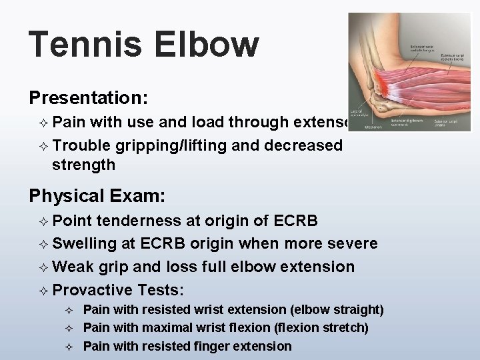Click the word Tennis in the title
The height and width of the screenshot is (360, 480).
(x=84, y=44)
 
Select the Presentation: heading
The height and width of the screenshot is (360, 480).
(x=87, y=97)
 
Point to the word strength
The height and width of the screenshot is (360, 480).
(x=83, y=165)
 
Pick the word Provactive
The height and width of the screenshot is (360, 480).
(x=93, y=290)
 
